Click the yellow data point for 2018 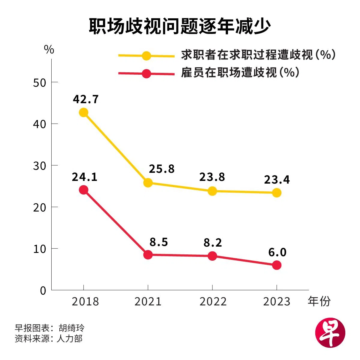[x=83, y=112]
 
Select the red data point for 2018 [x=83, y=190]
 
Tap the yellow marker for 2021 [x=148, y=183]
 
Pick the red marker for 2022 [x=212, y=256]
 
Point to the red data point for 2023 [x=277, y=265]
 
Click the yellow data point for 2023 [x=277, y=193]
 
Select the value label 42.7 [x=86, y=99]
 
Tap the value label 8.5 [x=159, y=242]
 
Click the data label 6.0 [x=277, y=252]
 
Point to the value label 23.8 [x=212, y=177]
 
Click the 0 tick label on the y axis [x=43, y=291]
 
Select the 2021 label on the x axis [x=148, y=301]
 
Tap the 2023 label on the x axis [x=277, y=301]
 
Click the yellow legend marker [x=146, y=56]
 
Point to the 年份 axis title [x=319, y=301]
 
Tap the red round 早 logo [x=330, y=333]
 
